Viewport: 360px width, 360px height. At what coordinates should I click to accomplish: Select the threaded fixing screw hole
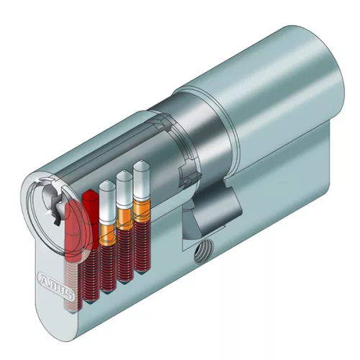coord(202,251)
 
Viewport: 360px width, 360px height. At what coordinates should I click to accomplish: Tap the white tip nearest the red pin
coord(107,202)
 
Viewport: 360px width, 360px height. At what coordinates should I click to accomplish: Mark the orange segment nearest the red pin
coord(108,233)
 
